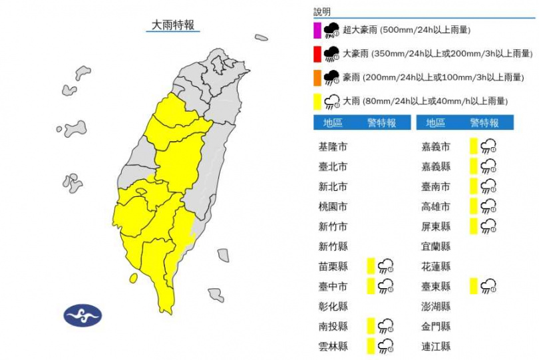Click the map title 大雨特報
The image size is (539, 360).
pos(173,25)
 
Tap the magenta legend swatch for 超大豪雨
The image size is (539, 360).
pos(318,31)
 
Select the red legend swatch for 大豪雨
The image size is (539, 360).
pos(318,54)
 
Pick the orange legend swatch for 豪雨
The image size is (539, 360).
pos(318,78)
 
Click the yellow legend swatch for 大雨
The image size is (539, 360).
pos(318,102)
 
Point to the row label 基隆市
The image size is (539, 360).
pos(333,146)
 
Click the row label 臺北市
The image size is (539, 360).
pos(333,166)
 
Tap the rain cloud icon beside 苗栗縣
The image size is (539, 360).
pos(385,266)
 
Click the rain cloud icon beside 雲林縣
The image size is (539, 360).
pos(385,346)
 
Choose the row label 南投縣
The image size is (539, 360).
pos(333,326)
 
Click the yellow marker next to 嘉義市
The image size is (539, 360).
pos(473,146)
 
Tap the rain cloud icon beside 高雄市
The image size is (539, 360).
pos(488,206)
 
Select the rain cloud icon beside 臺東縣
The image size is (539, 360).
pos(488,286)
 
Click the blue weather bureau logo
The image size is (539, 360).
pos(83,314)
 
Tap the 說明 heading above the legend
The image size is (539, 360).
pos(322,12)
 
